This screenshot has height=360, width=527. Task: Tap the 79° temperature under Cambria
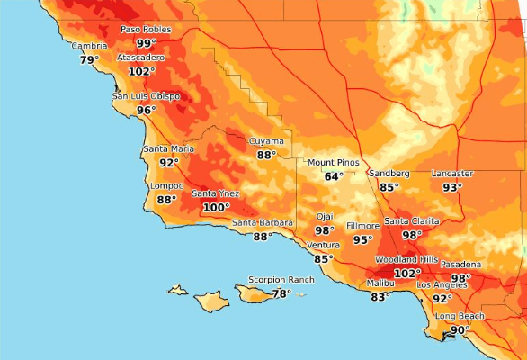pyautogui.click(x=89, y=60)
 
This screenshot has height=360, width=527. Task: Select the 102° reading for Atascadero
pyautogui.click(x=141, y=71)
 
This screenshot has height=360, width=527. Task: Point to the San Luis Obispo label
pyautogui.click(x=146, y=96)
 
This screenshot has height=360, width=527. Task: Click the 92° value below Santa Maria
pyautogui.click(x=169, y=163)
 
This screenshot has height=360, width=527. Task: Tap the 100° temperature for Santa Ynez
pyautogui.click(x=216, y=207)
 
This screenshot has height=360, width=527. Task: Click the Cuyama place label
pyautogui.click(x=266, y=141)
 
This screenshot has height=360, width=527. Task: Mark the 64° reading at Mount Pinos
pyautogui.click(x=334, y=176)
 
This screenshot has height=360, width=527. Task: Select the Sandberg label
pyautogui.click(x=389, y=173)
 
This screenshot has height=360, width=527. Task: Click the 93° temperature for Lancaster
pyautogui.click(x=452, y=187)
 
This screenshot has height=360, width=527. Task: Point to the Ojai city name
pyautogui.click(x=325, y=217)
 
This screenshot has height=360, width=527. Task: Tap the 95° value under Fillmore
pyautogui.click(x=362, y=239)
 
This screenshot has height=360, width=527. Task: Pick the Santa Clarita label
pyautogui.click(x=412, y=221)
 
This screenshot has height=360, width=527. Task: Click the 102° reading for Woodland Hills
pyautogui.click(x=407, y=273)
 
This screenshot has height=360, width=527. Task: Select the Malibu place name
pyautogui.click(x=381, y=283)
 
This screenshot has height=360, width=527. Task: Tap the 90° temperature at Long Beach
pyautogui.click(x=460, y=330)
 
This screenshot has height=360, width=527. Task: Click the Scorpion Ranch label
pyautogui.click(x=281, y=280)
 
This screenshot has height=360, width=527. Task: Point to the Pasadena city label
pyautogui.click(x=460, y=265)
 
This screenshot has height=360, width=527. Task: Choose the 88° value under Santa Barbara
pyautogui.click(x=262, y=237)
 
